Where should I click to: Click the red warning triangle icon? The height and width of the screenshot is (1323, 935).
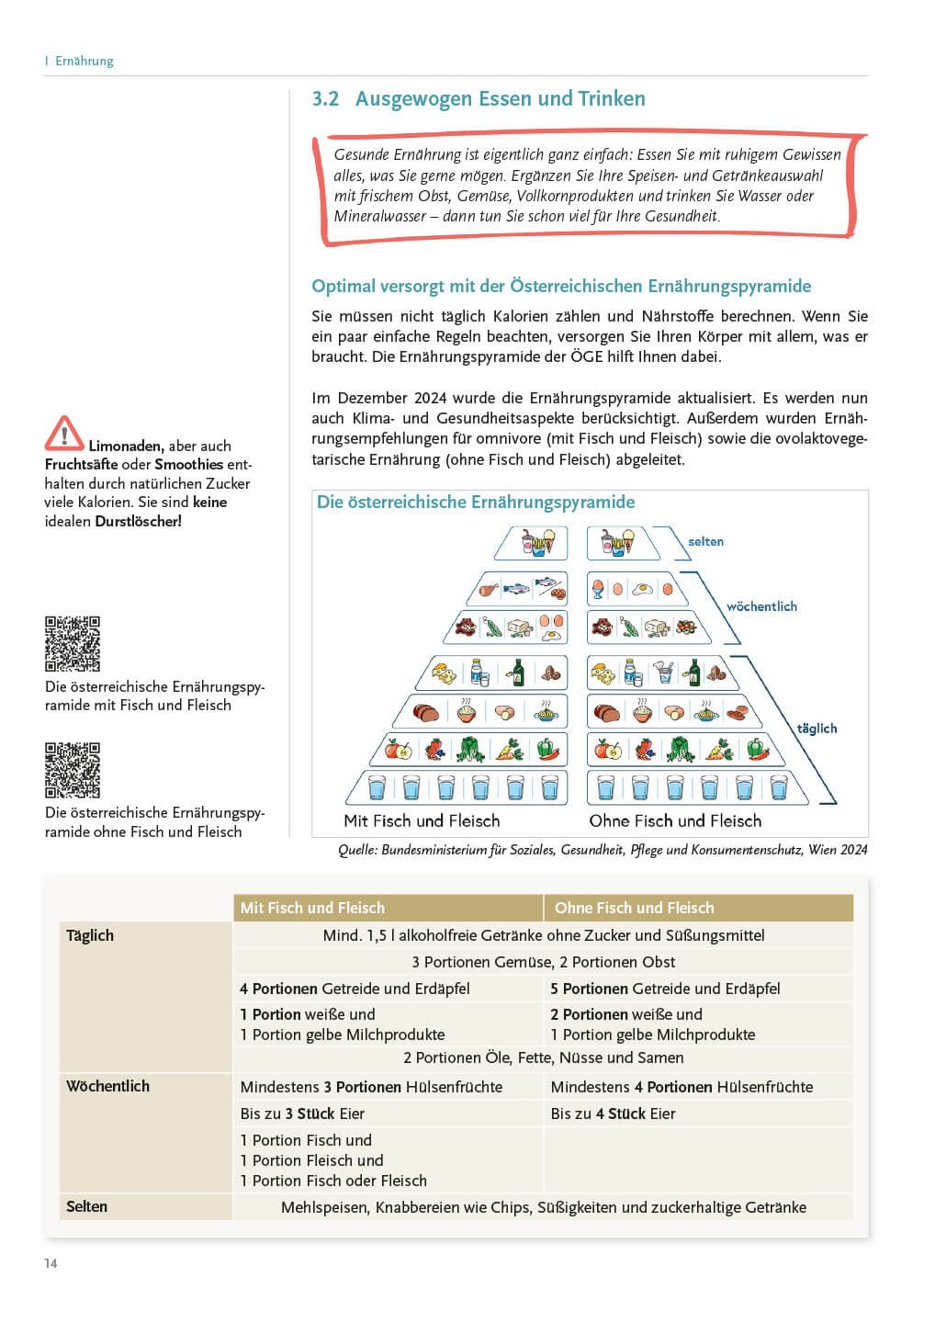(x=64, y=434)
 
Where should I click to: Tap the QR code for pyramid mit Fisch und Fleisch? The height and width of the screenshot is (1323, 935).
(x=73, y=644)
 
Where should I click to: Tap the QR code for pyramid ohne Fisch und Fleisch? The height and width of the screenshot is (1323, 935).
(x=73, y=770)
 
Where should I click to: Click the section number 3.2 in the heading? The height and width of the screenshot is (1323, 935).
(x=325, y=99)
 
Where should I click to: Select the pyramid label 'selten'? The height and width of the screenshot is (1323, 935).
(x=705, y=542)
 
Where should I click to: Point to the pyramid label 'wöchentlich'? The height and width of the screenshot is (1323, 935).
(x=761, y=606)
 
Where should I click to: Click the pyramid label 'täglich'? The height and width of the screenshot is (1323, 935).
(x=817, y=729)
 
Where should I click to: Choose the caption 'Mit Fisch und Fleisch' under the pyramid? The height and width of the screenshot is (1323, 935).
(x=422, y=821)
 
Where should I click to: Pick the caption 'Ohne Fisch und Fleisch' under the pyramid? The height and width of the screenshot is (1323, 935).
(x=675, y=821)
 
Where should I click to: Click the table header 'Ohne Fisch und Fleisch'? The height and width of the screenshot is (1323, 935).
(x=634, y=908)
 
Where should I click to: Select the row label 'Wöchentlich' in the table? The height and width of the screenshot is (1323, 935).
(x=107, y=1086)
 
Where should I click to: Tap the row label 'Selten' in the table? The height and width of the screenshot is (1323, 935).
(x=86, y=1206)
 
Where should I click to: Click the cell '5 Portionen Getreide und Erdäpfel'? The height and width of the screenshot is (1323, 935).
(x=665, y=989)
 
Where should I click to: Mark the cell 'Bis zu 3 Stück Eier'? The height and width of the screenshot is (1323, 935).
(x=302, y=1114)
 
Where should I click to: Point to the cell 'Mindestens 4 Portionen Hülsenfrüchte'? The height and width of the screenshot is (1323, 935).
(x=682, y=1087)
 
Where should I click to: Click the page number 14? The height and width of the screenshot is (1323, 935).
(x=51, y=1263)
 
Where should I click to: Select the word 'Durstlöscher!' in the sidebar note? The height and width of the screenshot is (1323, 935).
(x=138, y=521)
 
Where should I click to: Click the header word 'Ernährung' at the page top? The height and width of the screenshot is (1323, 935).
(x=84, y=61)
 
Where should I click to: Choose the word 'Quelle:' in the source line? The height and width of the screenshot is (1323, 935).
(x=357, y=850)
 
